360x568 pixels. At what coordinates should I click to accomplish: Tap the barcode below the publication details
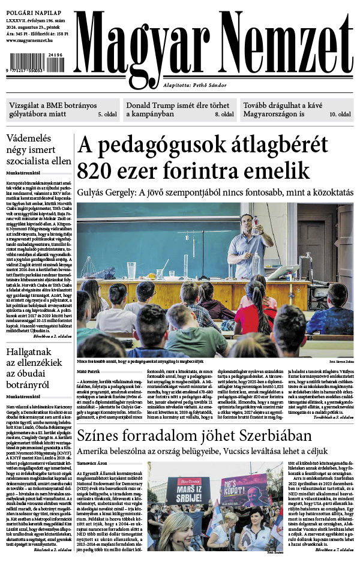click(x=36, y=63)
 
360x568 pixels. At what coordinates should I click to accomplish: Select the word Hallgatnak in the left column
click(x=35, y=353)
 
